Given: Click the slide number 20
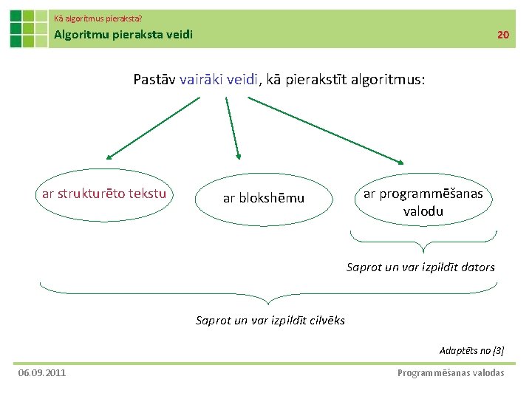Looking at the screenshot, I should (x=502, y=35).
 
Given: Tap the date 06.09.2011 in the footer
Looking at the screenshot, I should (x=42, y=372).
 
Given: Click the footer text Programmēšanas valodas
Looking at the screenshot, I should (x=451, y=372).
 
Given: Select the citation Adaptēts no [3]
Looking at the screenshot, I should (x=471, y=350).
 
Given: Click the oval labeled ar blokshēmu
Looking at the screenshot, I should (x=264, y=198).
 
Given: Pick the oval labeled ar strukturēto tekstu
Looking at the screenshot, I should (x=104, y=194).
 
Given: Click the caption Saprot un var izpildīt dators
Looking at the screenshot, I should (x=420, y=267).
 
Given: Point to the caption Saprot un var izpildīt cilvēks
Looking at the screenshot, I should (x=270, y=320).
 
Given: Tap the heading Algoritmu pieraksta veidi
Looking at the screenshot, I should (x=123, y=34).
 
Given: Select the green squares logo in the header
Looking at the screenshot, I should (x=28, y=29).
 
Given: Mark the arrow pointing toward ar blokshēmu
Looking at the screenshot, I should (x=233, y=129).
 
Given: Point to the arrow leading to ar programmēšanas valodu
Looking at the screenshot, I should (x=336, y=132).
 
